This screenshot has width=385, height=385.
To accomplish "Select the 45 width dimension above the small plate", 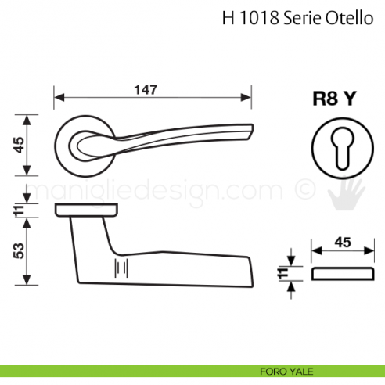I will pos(342,243).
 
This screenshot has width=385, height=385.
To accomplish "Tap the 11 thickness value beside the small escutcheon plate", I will pos(282,273).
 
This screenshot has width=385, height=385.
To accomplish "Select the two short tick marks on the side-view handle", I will pos(121,267).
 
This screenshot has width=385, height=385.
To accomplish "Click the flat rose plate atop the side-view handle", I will pos(87,210).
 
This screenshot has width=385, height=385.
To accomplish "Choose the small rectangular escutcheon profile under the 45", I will pos(342,273).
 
